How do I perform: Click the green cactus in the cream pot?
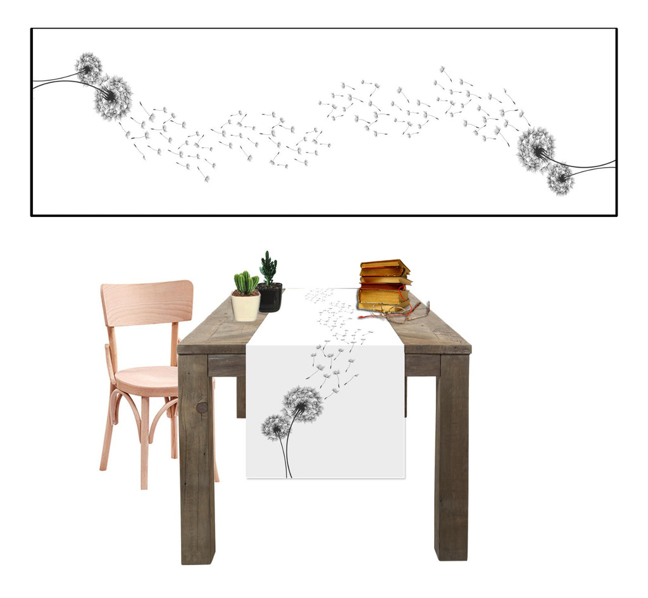coord(246,283)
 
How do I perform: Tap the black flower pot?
coord(270,297)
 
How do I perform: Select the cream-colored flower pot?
coord(246,306)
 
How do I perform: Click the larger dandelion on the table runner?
coord(302,404)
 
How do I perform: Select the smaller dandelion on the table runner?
coord(273,428)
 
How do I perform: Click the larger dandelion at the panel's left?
coord(113,97)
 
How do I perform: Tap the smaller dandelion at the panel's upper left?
coord(89,67)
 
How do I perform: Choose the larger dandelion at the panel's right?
coord(535,149)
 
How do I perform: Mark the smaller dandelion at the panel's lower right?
coord(560,179)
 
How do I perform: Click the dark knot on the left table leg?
coord(202,408)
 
